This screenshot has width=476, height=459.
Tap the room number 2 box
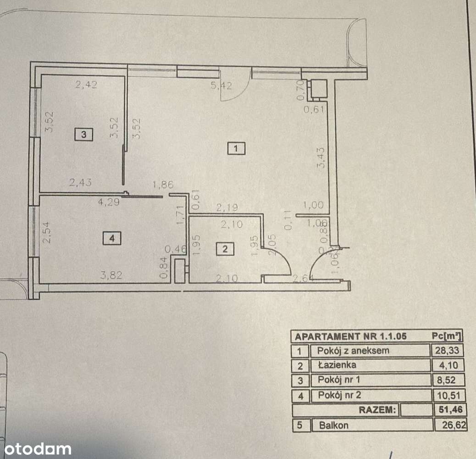coord(225,250)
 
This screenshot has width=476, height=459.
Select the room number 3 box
coord(84,134)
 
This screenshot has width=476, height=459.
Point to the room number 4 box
coord(112,238)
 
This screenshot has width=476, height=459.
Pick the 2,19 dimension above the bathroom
coord(227,208)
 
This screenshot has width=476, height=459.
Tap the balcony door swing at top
coord(234,85)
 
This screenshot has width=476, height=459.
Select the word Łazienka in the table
coord(336,365)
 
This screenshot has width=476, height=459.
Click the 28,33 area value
coord(448,351)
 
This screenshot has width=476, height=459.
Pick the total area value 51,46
coord(448,410)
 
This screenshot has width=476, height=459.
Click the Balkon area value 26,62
coord(450,425)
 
